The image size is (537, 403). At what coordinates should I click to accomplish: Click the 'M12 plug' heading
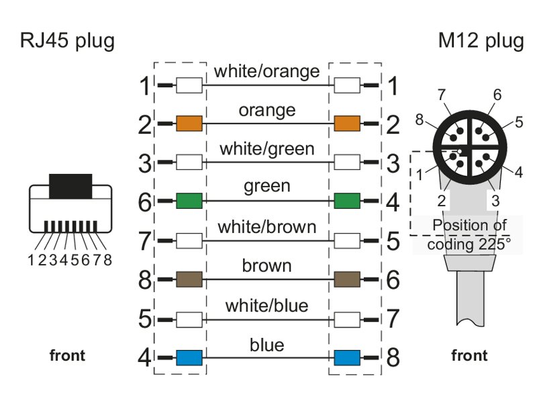(x=481, y=41)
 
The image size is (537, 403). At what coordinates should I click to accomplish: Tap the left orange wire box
(x=189, y=124)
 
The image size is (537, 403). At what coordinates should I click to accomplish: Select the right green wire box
(x=347, y=200)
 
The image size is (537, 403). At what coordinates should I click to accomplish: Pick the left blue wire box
(x=189, y=357)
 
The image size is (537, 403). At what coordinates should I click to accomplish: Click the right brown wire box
(x=347, y=279)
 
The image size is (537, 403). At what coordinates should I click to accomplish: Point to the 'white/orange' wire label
(x=266, y=71)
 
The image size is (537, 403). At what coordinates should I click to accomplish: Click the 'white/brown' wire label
(x=266, y=227)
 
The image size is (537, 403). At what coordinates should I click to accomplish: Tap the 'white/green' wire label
(x=266, y=148)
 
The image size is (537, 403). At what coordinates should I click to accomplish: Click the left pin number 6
(x=145, y=201)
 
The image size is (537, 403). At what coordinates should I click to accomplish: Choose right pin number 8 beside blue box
(x=393, y=357)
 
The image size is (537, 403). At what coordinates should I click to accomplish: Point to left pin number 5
(x=145, y=319)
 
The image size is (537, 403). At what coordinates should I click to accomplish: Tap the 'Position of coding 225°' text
(x=469, y=234)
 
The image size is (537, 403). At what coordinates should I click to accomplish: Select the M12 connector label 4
(x=518, y=172)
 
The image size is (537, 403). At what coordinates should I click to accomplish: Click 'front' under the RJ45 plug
(x=68, y=355)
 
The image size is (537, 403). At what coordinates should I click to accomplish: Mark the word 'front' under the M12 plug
(x=469, y=355)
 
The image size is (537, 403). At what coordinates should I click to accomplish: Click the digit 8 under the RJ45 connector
(x=107, y=259)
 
